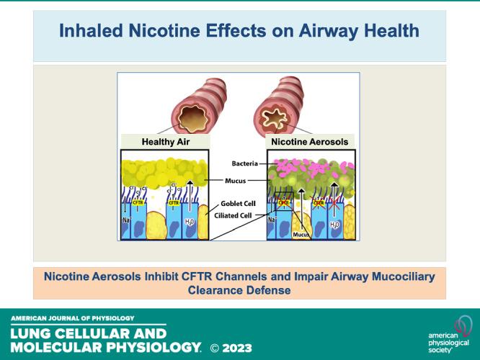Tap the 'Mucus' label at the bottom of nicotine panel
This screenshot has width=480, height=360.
click(302, 233)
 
